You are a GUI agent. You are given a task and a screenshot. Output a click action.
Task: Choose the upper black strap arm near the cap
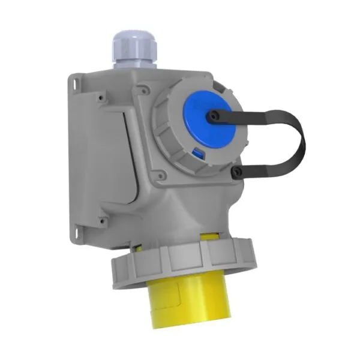coord(252,114)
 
